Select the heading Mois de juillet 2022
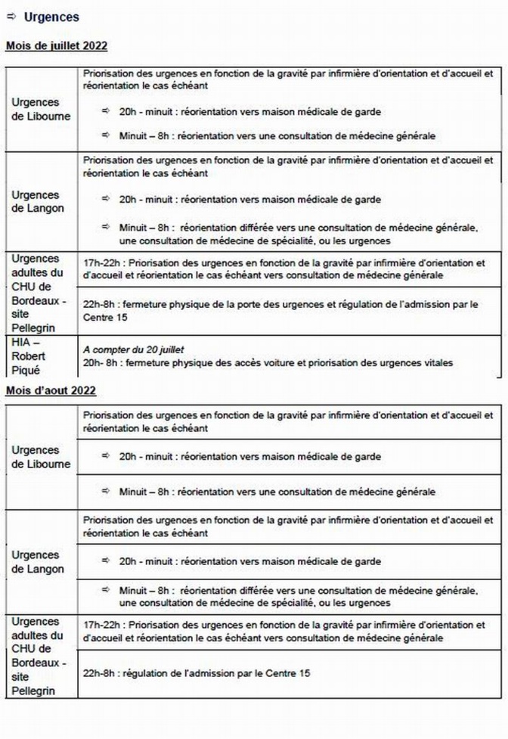click(x=57, y=46)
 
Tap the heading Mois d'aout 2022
click(x=51, y=390)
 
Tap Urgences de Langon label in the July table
click(x=39, y=200)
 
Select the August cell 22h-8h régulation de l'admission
click(x=197, y=672)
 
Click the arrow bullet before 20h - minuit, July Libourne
click(x=106, y=112)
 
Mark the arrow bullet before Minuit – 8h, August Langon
click(x=106, y=590)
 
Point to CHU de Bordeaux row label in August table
click(x=39, y=656)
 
